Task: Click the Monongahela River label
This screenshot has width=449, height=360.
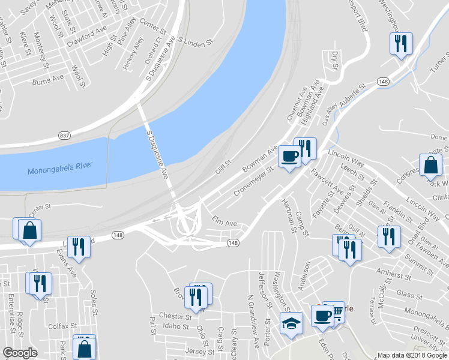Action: pos(60,170)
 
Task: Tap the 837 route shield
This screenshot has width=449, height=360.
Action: pos(65,136)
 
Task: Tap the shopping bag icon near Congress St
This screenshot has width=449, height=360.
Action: pos(430,165)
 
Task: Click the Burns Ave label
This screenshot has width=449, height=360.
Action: pos(49,78)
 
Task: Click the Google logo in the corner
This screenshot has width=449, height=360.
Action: pos(20,353)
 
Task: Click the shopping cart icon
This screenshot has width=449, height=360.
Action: pos(337,311)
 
